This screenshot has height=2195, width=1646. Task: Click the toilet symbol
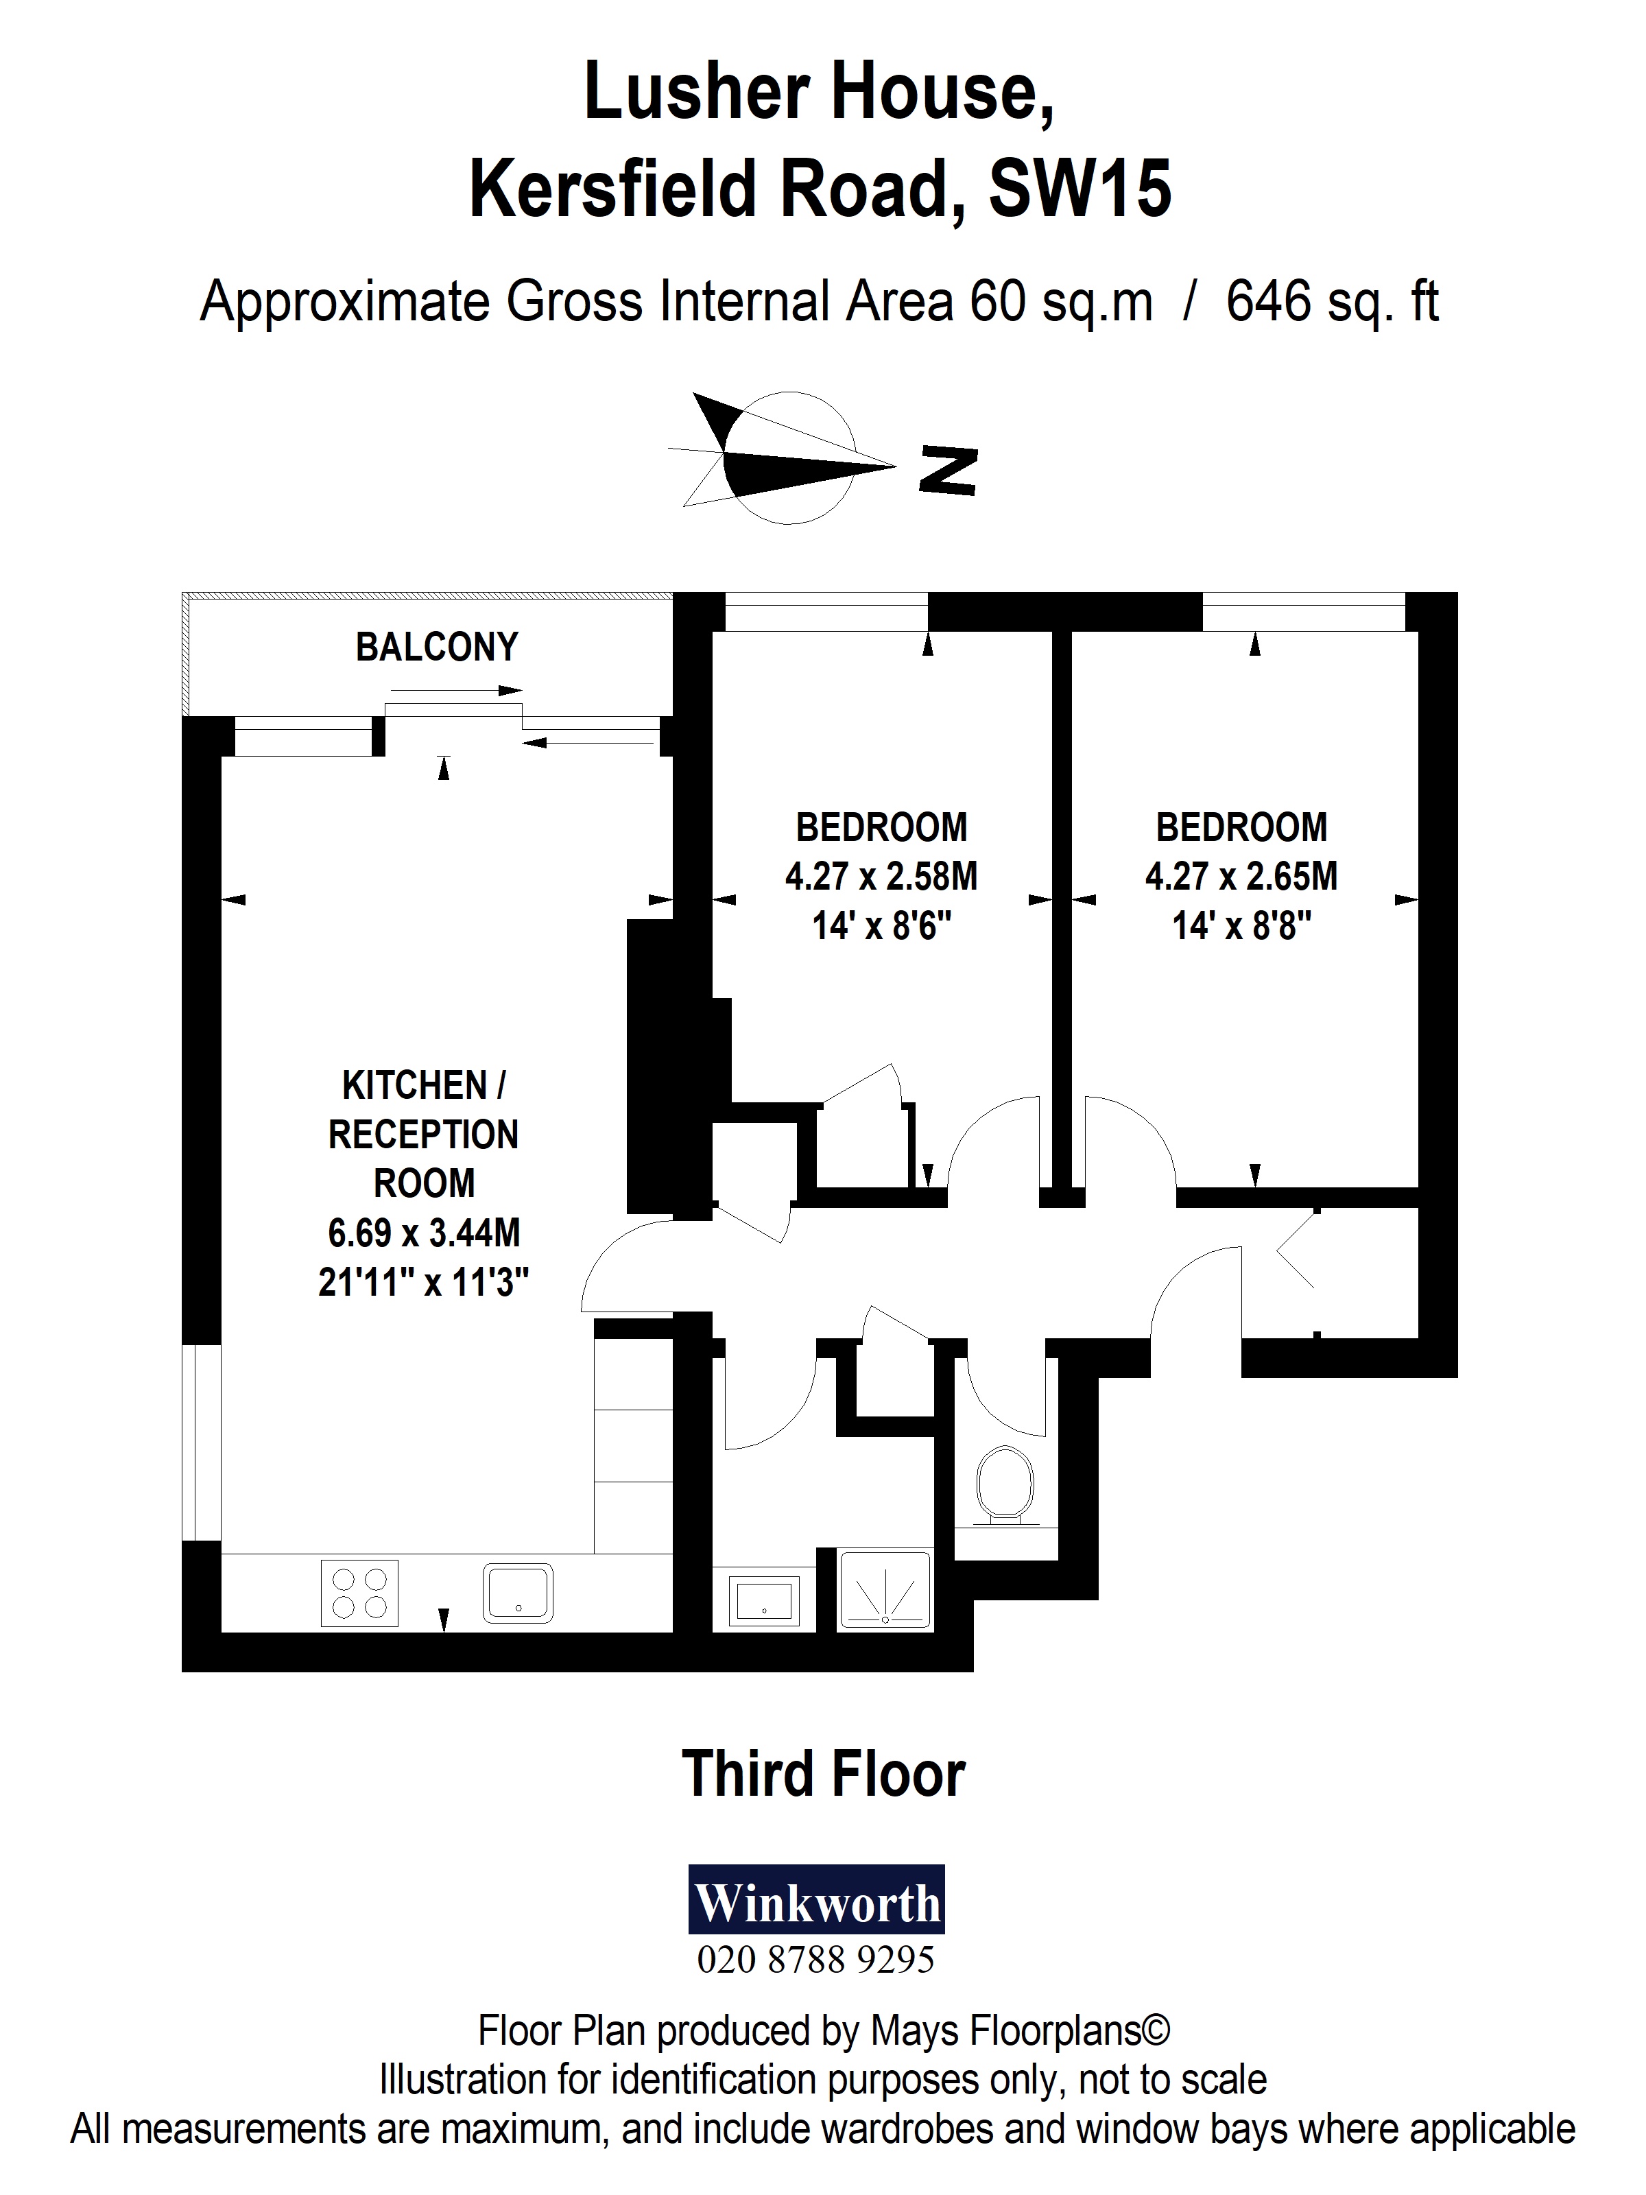pyautogui.click(x=1004, y=1488)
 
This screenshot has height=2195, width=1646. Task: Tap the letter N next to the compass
pyautogui.click(x=949, y=471)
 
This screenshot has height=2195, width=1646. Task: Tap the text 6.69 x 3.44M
pyautogui.click(x=424, y=1233)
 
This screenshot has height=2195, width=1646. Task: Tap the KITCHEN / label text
pyautogui.click(x=424, y=1086)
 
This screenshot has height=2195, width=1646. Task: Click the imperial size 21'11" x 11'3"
pyautogui.click(x=424, y=1283)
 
